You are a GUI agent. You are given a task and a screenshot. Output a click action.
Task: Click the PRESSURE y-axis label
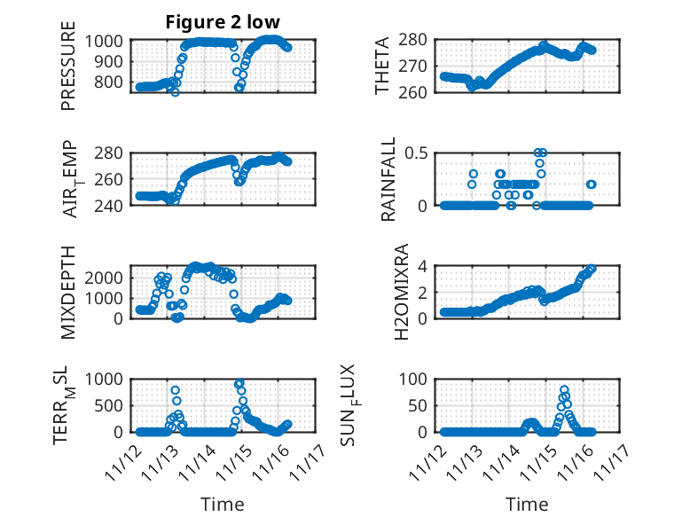68,73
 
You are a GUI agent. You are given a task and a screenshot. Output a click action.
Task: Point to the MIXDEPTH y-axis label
68,292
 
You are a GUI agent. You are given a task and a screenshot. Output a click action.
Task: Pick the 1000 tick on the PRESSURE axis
108,41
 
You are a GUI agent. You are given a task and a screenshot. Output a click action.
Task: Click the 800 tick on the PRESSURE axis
113,82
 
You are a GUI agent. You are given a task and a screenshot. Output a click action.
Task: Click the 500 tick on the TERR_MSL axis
113,405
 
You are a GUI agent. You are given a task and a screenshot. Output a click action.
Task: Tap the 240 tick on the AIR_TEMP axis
113,205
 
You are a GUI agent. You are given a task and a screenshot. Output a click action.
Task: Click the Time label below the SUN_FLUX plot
527,504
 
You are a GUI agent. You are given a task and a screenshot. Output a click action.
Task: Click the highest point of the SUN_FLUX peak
564,389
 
